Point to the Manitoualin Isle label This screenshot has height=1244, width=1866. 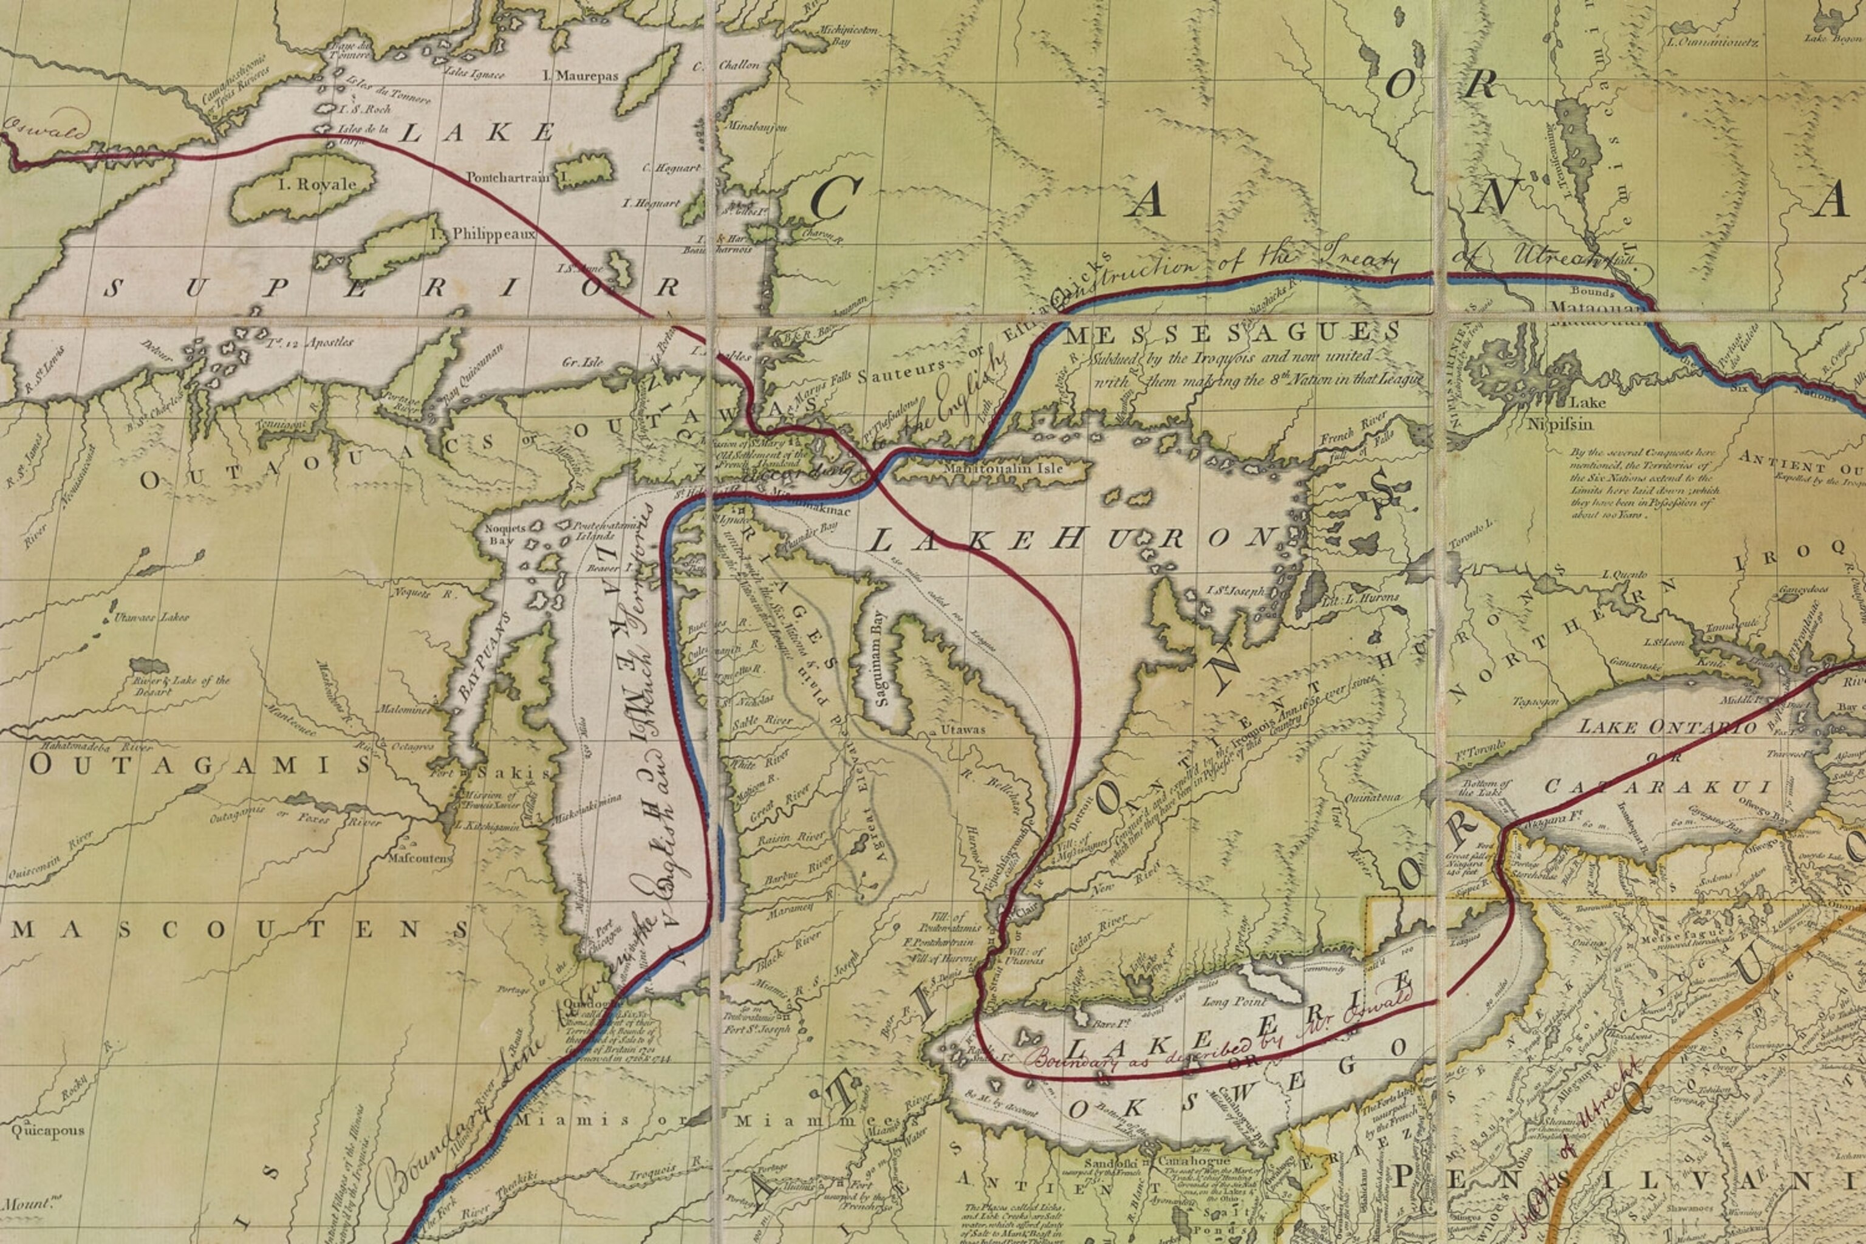pyautogui.click(x=998, y=469)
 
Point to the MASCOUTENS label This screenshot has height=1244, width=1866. pyautogui.click(x=238, y=929)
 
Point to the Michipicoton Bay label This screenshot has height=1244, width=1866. pyautogui.click(x=847, y=35)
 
